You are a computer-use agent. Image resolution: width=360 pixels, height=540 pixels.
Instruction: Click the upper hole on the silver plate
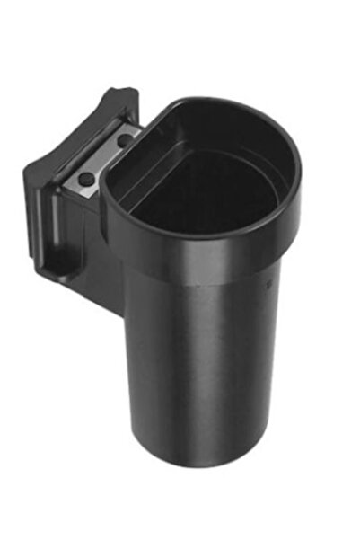(120, 141)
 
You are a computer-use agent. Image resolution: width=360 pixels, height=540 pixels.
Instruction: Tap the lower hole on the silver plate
(84, 178)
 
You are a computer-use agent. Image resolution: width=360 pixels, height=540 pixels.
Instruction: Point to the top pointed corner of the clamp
(127, 90)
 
